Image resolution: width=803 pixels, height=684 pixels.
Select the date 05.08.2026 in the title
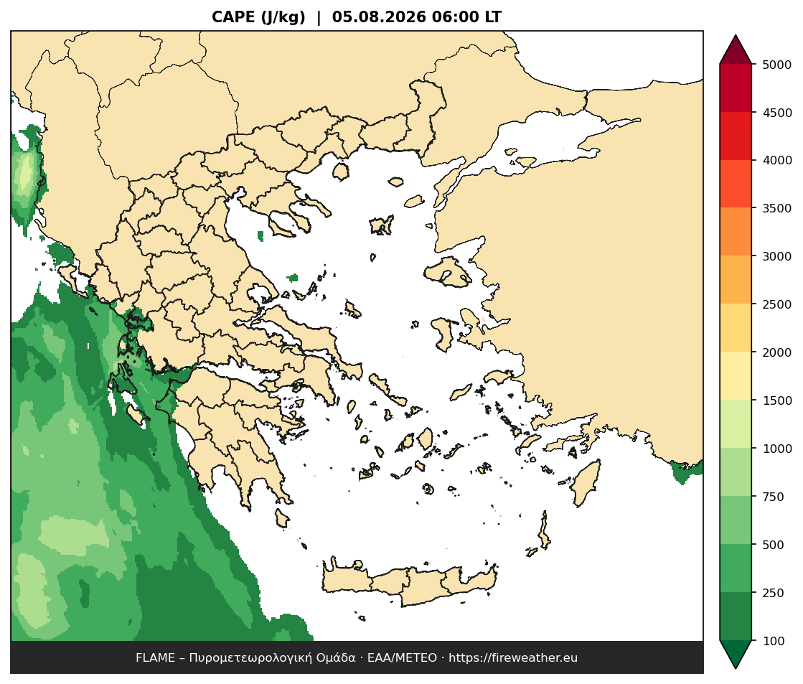pos(379,17)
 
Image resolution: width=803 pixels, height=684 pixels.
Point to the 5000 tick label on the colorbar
pos(776,65)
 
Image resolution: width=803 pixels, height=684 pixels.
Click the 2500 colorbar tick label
pos(776,304)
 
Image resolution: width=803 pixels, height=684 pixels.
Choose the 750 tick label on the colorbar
pos(774,497)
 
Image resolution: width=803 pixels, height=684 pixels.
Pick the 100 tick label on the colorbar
pos(774,641)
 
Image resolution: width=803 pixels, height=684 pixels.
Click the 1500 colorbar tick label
pos(776,400)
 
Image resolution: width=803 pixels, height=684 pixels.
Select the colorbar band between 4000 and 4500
pos(736,136)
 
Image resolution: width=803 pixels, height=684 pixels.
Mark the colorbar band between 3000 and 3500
pos(736,232)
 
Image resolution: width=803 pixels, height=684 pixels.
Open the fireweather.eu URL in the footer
pos(513,658)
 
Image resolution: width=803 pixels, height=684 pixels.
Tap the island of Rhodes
pos(586,483)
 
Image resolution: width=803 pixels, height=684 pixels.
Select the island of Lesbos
pos(447,271)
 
